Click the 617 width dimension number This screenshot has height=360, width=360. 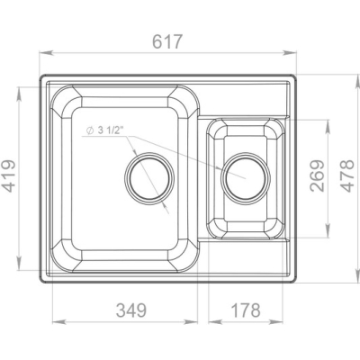point(167,41)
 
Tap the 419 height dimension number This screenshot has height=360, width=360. point(9,176)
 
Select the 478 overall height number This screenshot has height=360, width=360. point(347,175)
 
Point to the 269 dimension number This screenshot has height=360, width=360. point(318,175)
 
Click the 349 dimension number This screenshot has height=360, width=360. point(131,310)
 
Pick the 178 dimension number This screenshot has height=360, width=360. point(246,310)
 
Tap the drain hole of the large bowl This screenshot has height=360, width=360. point(149,178)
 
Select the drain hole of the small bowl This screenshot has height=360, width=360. point(246,178)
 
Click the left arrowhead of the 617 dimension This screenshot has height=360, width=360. point(46,53)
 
